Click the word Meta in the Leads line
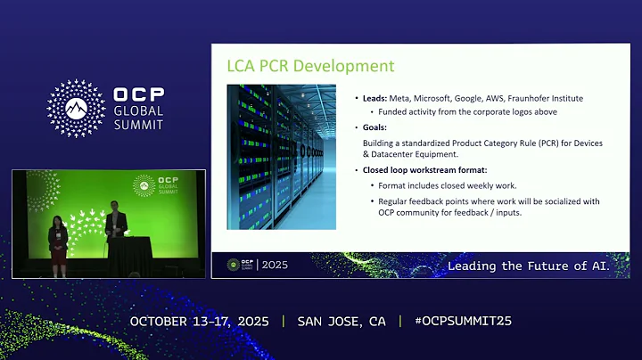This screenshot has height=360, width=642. [399, 98]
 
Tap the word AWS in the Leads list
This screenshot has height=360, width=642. [499, 98]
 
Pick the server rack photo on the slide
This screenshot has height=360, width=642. [281, 156]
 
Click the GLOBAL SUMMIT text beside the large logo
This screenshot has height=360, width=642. [138, 118]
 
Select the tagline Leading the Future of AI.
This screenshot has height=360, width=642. [529, 266]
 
